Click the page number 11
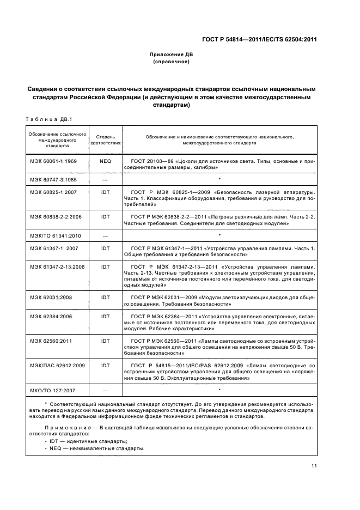(x=314, y=465)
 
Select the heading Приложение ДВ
(x=171, y=54)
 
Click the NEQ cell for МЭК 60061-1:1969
(x=105, y=162)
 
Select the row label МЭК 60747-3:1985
(x=54, y=179)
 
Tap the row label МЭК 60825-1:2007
(x=54, y=193)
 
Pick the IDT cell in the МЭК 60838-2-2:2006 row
(x=105, y=217)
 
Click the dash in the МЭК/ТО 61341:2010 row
(x=105, y=235)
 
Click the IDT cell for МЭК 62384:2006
(x=105, y=315)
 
